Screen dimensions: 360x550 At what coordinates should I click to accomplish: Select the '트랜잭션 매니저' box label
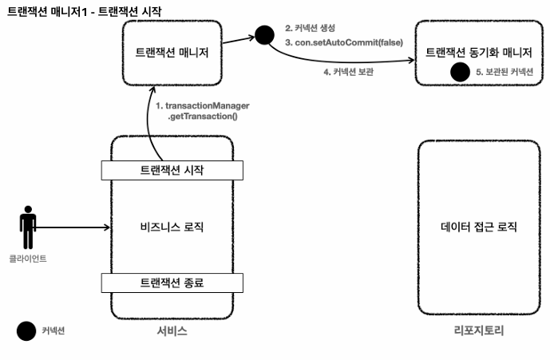click(172, 53)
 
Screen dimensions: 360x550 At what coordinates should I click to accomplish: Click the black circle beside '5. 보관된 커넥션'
click(459, 73)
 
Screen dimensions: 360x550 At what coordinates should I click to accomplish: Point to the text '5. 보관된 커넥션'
click(504, 73)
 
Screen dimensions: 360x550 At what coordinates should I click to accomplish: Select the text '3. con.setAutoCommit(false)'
click(344, 42)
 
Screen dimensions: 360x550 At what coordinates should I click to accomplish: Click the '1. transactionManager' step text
click(202, 105)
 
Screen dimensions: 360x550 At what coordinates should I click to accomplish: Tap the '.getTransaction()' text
click(202, 117)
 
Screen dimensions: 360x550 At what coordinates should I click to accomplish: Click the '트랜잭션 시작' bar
click(172, 170)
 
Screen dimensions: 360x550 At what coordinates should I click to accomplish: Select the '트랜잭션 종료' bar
click(172, 283)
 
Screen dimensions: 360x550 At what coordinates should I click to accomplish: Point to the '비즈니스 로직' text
click(172, 227)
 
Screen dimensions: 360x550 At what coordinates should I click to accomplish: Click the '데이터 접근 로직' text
click(479, 227)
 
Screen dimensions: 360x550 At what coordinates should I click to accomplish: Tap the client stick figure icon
click(28, 227)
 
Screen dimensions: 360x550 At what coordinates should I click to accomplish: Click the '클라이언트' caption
click(28, 259)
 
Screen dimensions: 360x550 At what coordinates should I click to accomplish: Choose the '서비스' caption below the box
click(172, 330)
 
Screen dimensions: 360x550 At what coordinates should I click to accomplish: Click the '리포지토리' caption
click(479, 330)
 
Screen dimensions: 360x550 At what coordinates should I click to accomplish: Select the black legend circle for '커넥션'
click(26, 330)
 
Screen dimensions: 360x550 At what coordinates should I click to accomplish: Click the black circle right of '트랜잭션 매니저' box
click(264, 35)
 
